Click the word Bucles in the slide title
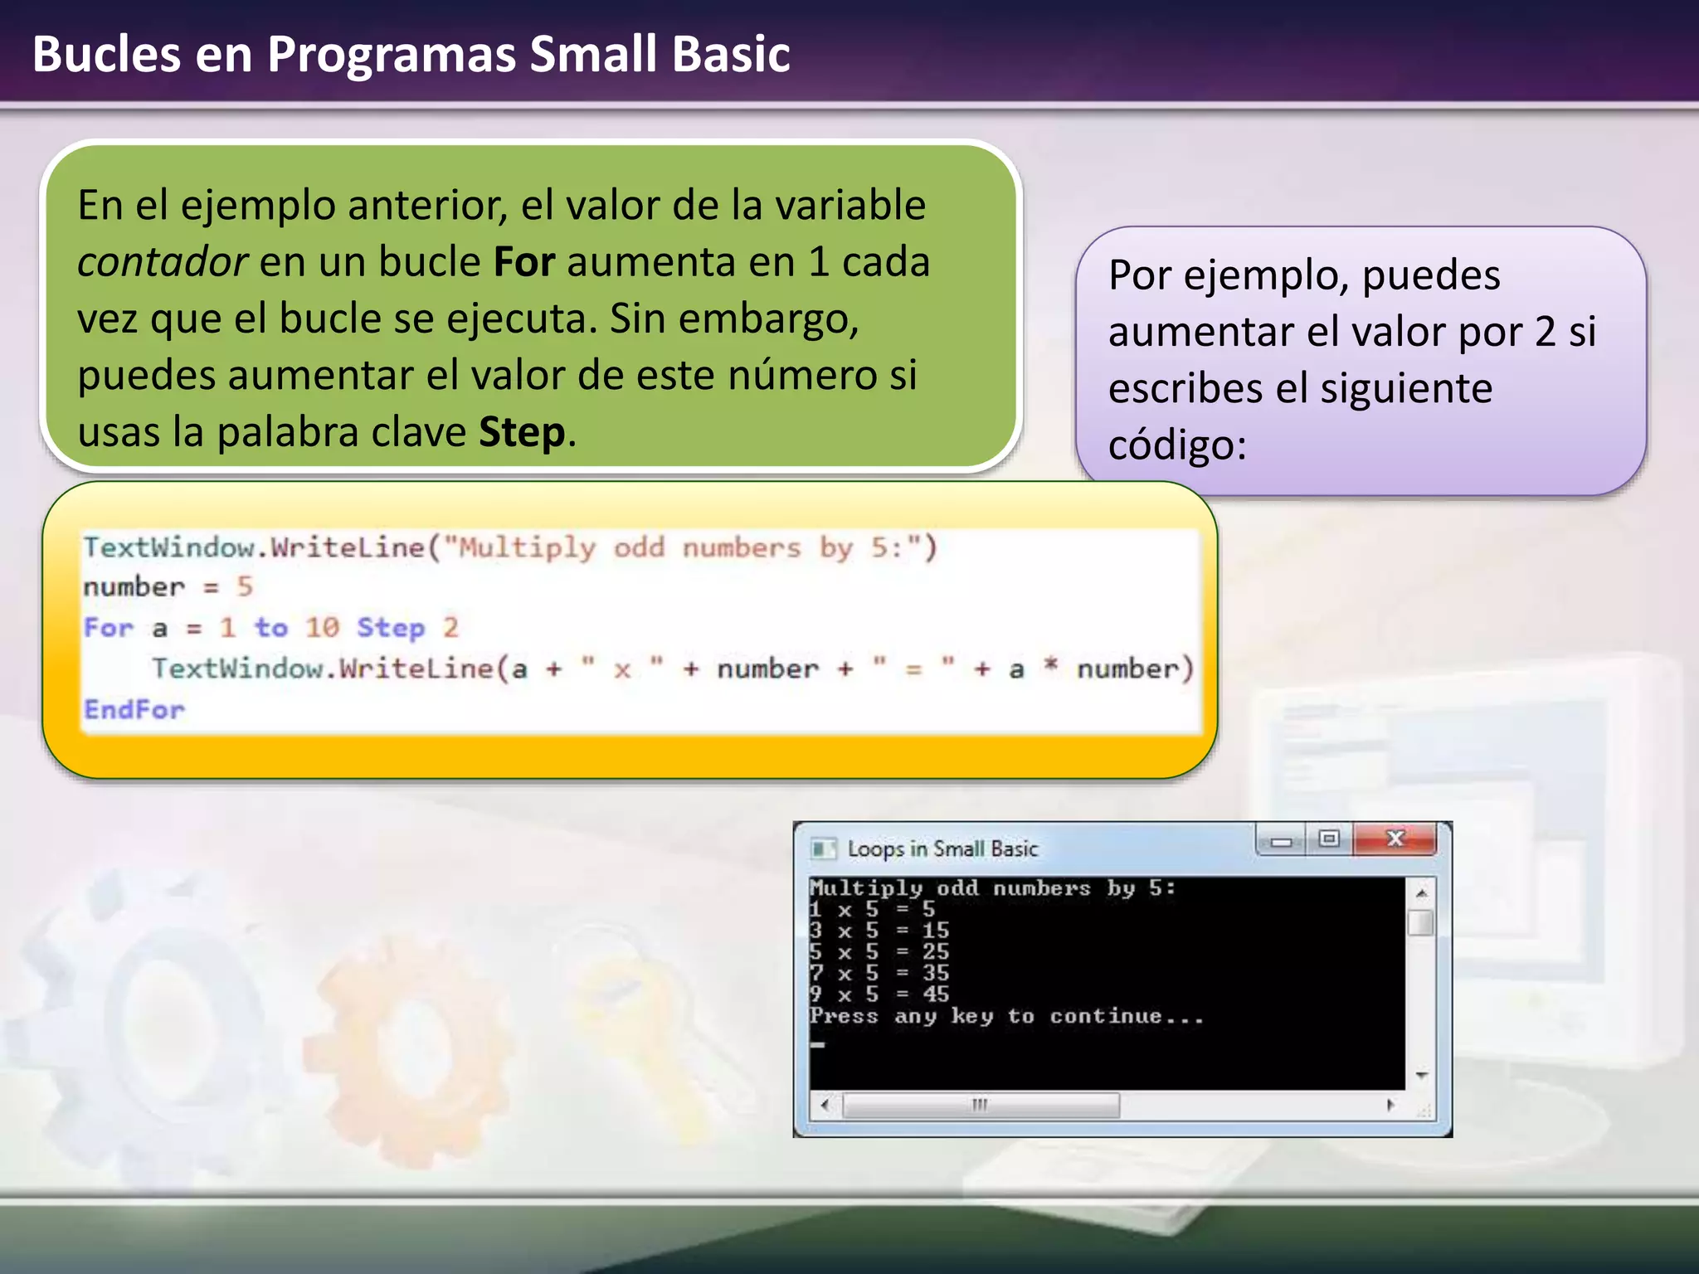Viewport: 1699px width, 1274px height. pos(106,55)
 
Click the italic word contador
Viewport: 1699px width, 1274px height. pos(162,262)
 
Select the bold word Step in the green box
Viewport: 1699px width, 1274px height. pos(522,432)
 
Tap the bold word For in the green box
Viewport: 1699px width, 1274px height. pos(523,262)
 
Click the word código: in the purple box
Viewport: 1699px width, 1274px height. pos(1177,445)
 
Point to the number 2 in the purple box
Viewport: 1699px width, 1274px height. pos(1545,332)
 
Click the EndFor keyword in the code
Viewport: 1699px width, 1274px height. pos(134,710)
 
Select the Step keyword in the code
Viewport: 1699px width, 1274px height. pos(391,628)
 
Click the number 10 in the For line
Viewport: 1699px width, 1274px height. pos(322,628)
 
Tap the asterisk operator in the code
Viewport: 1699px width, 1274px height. pos(1050,666)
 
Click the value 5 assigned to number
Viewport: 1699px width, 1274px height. pos(244,587)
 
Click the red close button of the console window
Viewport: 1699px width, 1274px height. pos(1395,839)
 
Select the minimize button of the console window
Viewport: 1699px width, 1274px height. pos(1281,841)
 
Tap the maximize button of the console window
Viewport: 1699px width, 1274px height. pos(1329,839)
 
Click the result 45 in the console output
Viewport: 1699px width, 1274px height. pos(935,994)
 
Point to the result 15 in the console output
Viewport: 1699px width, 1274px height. pos(935,931)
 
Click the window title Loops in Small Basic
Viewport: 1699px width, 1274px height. pos(942,849)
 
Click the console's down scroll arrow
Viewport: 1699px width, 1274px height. pos(1421,1076)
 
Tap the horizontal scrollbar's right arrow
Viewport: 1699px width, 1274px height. pos(1390,1105)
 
